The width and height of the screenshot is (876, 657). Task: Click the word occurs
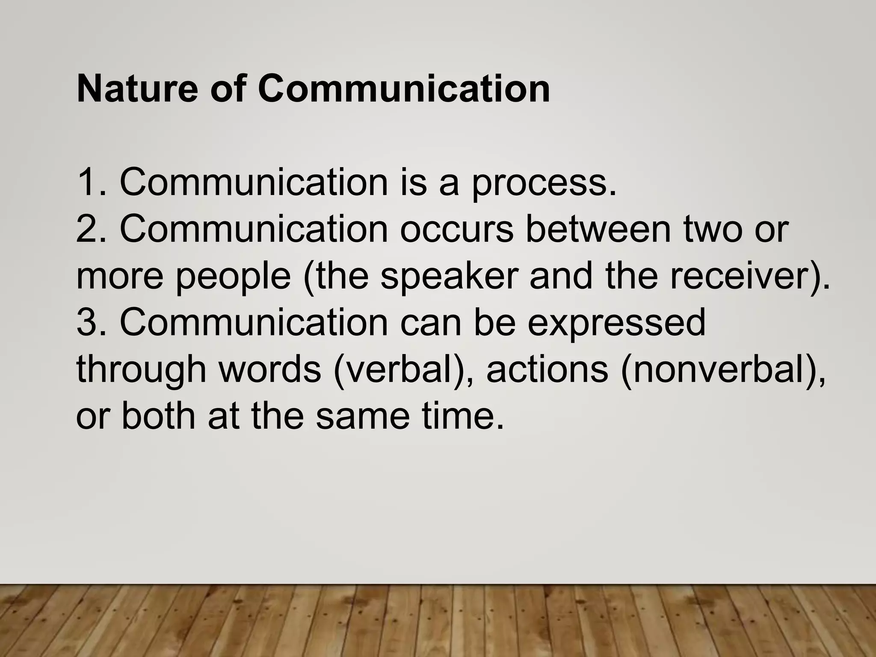click(x=456, y=230)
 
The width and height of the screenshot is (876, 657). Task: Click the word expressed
click(x=616, y=324)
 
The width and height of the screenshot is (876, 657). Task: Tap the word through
click(x=141, y=370)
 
